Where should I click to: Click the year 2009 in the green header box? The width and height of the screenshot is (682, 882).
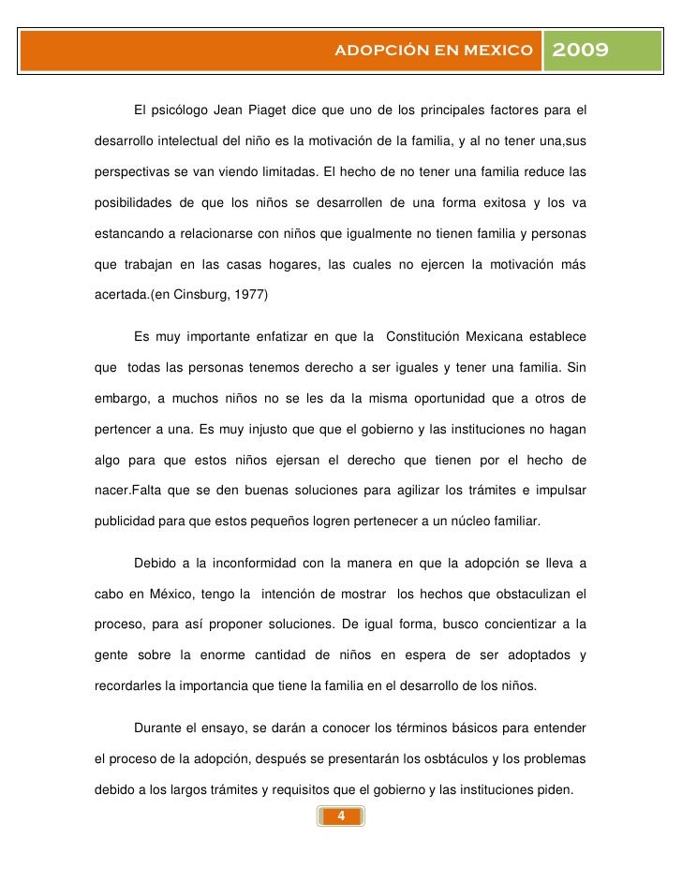582,50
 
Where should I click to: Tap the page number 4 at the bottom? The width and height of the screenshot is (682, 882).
341,816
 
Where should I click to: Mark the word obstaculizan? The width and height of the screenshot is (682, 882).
528,594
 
